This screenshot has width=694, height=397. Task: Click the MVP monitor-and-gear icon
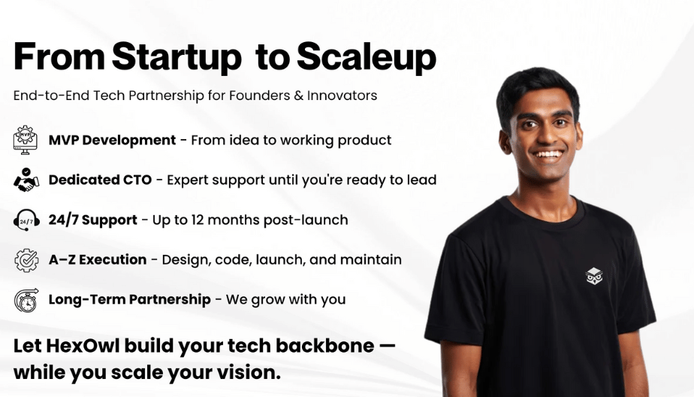click(26, 140)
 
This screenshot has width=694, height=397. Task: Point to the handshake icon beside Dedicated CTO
click(26, 180)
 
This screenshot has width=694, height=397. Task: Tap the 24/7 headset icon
click(26, 220)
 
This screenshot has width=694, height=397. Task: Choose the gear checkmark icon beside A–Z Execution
click(26, 259)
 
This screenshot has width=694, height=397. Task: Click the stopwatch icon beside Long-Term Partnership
click(26, 300)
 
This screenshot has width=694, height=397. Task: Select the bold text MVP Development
click(112, 141)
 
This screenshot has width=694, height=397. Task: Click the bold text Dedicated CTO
click(100, 180)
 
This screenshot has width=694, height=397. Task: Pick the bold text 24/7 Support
click(93, 220)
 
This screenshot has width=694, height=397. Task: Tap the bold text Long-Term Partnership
click(130, 299)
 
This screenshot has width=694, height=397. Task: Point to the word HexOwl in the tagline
click(83, 346)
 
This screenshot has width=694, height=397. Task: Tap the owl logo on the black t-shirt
click(594, 276)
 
